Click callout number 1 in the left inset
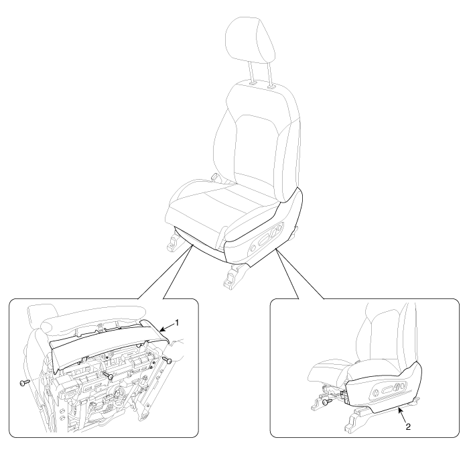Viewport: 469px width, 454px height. tap(177, 323)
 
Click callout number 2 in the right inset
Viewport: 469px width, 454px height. tap(408, 427)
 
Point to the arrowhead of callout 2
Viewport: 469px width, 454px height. tap(399, 409)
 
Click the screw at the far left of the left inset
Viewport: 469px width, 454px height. tap(25, 383)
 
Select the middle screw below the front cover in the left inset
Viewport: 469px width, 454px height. tap(108, 375)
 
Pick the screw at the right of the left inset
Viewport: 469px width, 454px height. tap(167, 359)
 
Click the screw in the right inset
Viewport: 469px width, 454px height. tap(328, 402)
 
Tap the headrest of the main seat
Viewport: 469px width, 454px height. tap(249, 40)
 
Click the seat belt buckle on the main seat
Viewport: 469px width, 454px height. tap(214, 177)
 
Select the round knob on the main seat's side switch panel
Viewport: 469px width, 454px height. tap(253, 248)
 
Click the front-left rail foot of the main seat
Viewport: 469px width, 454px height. tap(174, 242)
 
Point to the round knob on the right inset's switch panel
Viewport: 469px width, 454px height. tap(376, 390)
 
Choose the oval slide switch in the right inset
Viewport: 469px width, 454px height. tap(388, 389)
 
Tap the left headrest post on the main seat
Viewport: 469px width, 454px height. tap(251, 73)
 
